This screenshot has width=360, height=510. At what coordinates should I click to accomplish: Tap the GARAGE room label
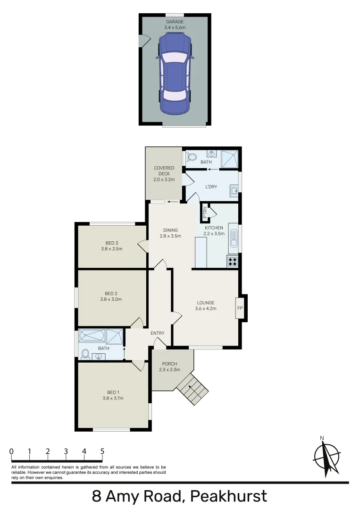point(175,22)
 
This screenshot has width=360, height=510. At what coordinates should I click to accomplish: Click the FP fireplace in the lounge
point(240,308)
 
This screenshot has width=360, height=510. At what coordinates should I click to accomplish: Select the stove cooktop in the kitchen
point(233,260)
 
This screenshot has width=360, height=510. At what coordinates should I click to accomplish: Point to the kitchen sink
point(234,238)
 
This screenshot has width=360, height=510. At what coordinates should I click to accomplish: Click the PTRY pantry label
point(205,212)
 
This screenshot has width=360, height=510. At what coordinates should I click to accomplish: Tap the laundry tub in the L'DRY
point(234,190)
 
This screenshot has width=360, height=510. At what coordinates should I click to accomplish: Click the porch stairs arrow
point(191,390)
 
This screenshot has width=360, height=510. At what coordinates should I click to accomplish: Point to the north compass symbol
point(327,455)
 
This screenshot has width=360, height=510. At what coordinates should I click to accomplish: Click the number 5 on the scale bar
point(102,451)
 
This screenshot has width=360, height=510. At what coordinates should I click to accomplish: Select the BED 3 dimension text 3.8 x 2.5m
point(111,249)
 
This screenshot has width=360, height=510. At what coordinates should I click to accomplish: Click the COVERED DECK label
point(164,171)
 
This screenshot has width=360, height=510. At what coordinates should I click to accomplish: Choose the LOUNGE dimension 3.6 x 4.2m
point(205,309)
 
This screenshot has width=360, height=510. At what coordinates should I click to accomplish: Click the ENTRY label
point(158,333)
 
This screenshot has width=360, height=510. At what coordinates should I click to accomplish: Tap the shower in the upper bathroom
point(229,156)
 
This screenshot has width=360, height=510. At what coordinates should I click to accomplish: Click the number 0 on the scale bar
point(11,451)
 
